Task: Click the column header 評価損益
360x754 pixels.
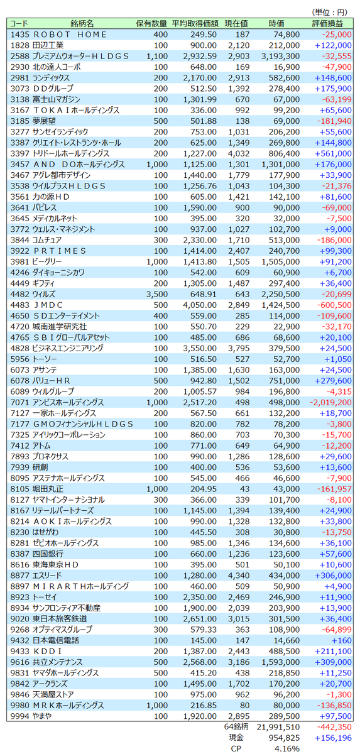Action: click(x=327, y=24)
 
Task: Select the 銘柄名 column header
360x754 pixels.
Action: click(x=82, y=24)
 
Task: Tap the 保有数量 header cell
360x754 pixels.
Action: click(x=151, y=24)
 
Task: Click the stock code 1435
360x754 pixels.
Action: click(x=20, y=35)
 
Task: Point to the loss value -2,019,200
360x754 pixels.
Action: click(x=330, y=403)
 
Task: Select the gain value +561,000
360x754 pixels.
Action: click(x=333, y=154)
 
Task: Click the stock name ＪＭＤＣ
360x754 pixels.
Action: click(x=48, y=305)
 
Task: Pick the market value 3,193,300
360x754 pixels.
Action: click(x=280, y=56)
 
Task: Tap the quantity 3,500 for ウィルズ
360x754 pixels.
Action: click(x=157, y=295)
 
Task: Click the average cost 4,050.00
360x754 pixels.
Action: click(x=200, y=305)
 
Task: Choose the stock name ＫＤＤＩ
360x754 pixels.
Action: click(x=48, y=652)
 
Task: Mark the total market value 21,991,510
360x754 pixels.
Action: click(x=278, y=728)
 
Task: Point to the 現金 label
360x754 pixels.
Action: click(x=236, y=738)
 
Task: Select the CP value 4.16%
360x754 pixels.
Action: click(x=287, y=749)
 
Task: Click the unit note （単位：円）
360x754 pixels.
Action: click(x=329, y=13)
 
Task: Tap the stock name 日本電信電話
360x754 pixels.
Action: click(x=55, y=640)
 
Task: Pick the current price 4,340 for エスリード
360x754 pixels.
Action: click(x=239, y=576)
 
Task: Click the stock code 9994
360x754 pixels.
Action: click(x=20, y=716)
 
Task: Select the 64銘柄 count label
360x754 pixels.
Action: click(x=236, y=727)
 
